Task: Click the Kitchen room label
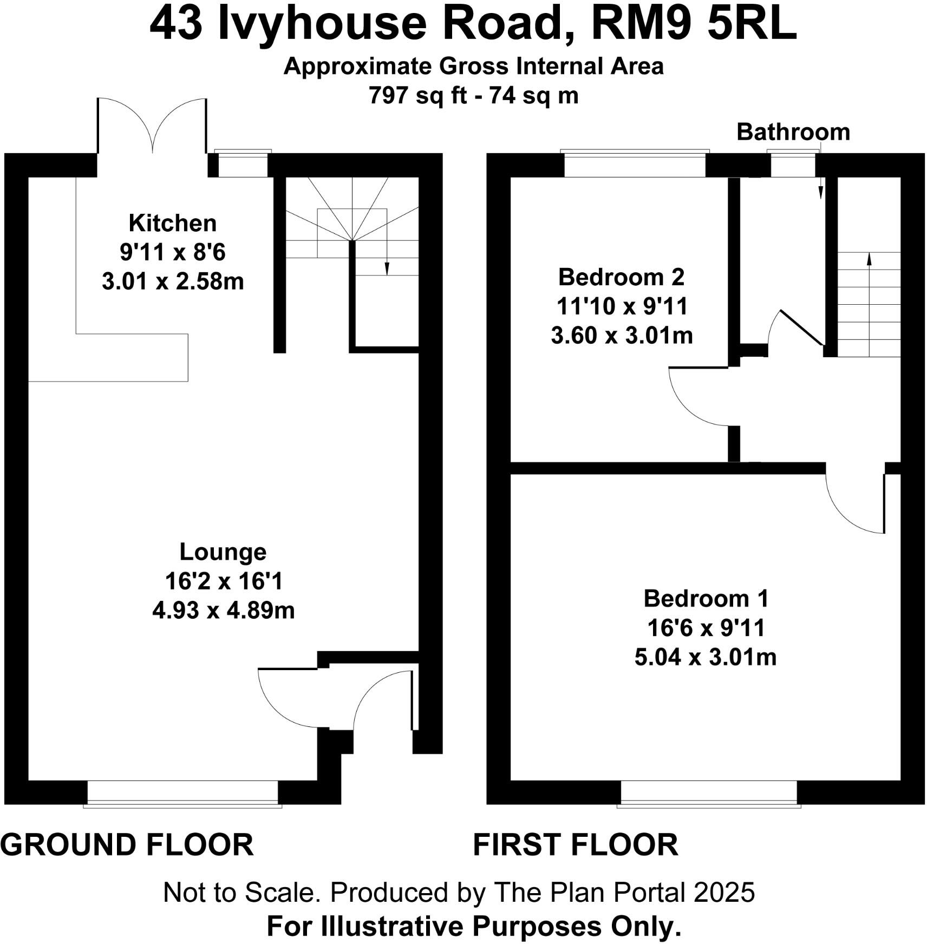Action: pos(172,223)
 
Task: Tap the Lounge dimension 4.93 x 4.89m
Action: pos(223,611)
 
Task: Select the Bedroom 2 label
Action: pos(621,277)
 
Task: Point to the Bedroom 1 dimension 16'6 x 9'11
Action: pos(706,628)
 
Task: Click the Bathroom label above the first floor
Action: pos(793,132)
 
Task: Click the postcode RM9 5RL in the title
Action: pos(694,25)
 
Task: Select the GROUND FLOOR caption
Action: pos(127,844)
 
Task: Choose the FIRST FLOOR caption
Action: pos(575,844)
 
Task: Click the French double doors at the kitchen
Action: pos(152,127)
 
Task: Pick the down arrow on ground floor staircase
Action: pos(387,266)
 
